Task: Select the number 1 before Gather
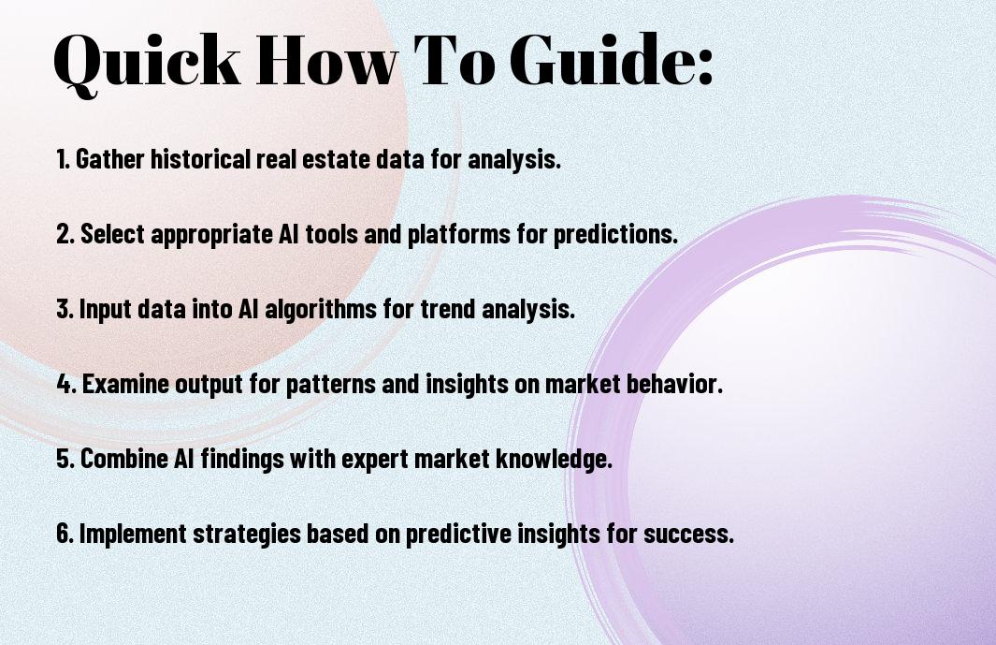62,159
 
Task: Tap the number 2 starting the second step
64,234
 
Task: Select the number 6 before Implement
64,534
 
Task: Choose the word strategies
247,535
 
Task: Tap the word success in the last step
688,535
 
